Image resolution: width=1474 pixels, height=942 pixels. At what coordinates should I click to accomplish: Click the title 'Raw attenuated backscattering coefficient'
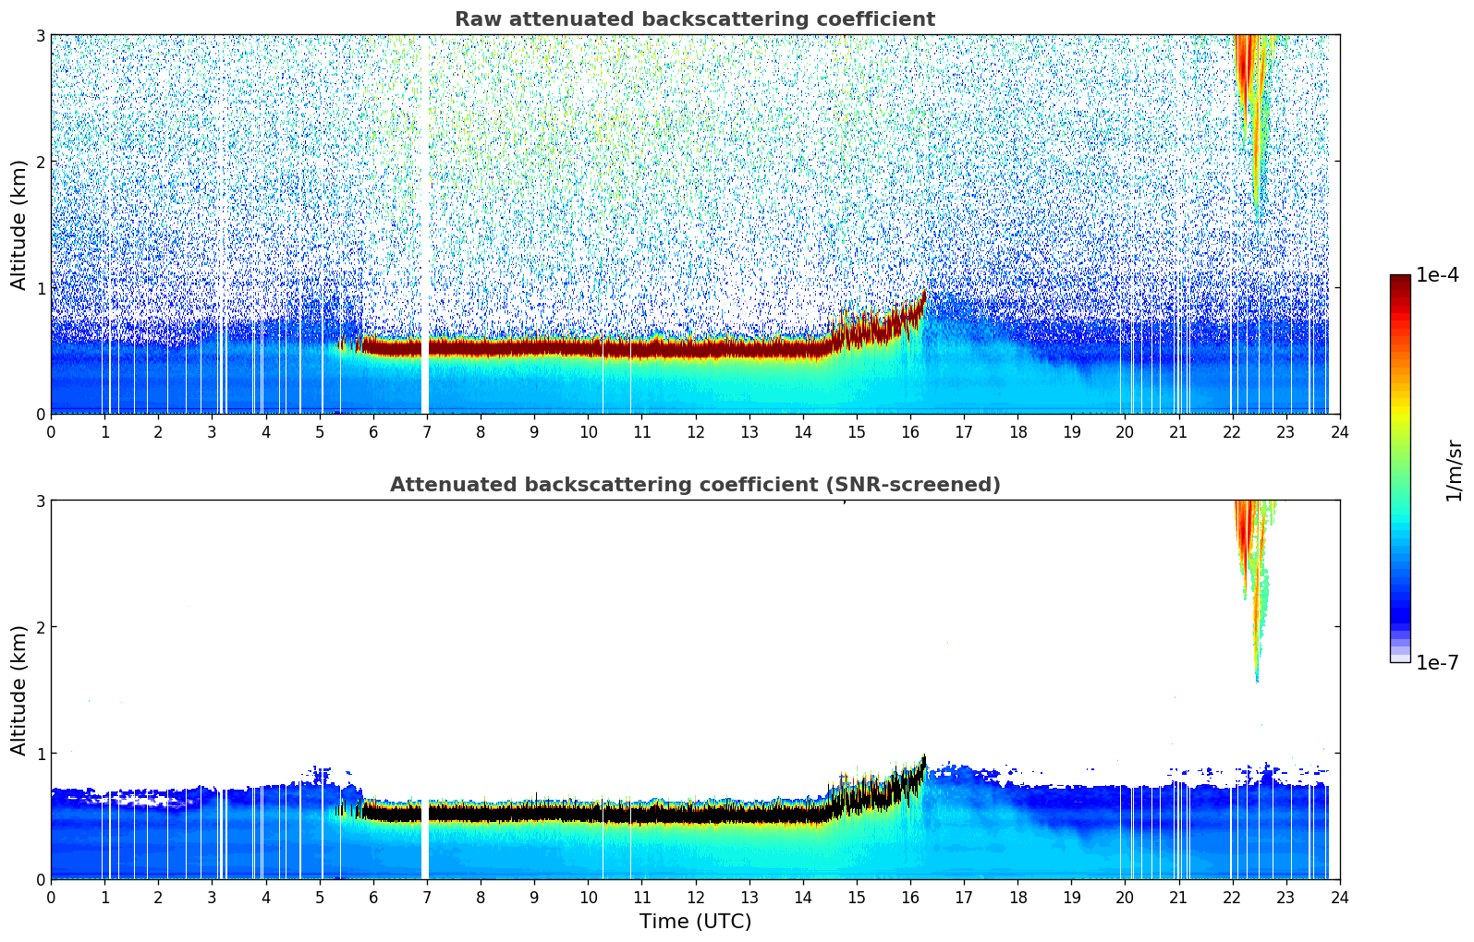[694, 19]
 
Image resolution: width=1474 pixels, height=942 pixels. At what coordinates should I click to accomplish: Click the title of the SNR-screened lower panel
[694, 485]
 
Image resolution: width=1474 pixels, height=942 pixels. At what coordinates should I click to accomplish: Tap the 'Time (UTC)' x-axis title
[695, 922]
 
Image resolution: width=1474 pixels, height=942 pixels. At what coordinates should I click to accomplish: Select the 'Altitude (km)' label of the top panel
[18, 224]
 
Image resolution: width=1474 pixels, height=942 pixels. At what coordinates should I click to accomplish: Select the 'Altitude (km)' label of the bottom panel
[18, 690]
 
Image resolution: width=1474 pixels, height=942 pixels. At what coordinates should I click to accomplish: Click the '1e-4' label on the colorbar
[1437, 275]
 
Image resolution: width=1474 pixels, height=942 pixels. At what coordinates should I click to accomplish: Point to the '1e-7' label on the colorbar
[1437, 662]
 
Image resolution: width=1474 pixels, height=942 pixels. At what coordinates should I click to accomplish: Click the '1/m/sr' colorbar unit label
[1454, 471]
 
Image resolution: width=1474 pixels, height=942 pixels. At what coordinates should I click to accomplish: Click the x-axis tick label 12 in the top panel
[695, 431]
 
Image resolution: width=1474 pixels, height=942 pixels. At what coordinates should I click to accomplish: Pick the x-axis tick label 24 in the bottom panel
[1339, 897]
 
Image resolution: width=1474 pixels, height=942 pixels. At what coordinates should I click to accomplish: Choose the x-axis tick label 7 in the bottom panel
[427, 897]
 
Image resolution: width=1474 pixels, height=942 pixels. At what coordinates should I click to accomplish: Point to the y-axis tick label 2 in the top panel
[41, 162]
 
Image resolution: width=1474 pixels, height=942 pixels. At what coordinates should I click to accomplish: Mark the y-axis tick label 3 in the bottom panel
[41, 501]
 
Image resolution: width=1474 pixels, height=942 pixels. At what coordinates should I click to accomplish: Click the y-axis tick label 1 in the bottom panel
[41, 754]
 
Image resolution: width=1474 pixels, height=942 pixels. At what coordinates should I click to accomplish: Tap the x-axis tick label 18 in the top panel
[1017, 431]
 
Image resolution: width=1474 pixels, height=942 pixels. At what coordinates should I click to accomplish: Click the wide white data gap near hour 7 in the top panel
[425, 222]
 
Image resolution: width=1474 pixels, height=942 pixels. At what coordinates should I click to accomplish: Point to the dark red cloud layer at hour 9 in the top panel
[534, 348]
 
